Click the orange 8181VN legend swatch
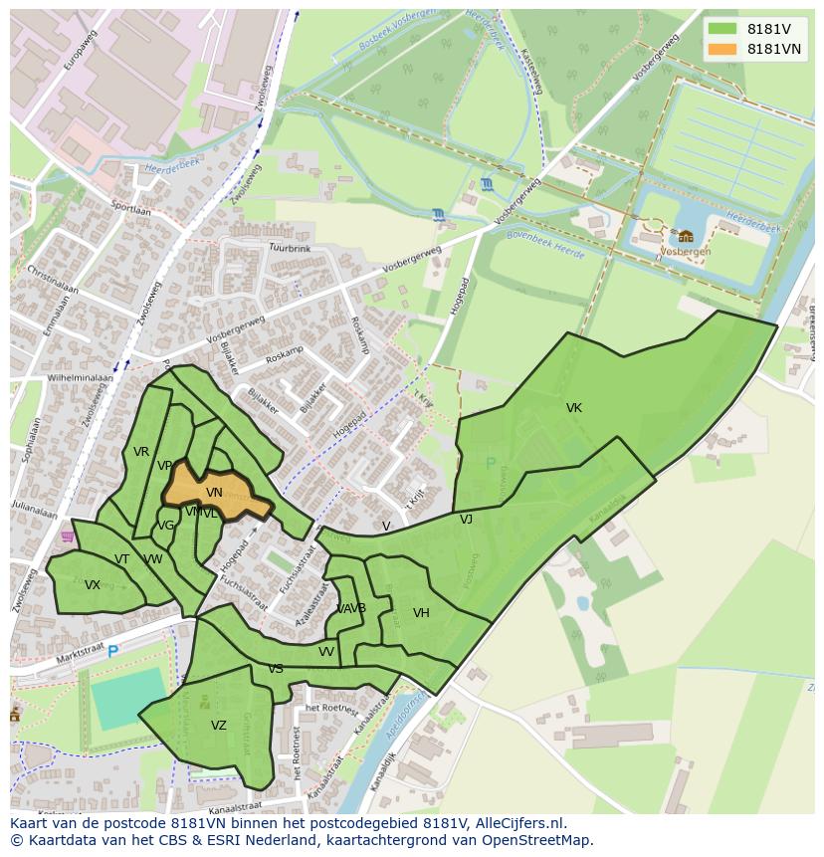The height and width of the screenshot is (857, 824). click(723, 49)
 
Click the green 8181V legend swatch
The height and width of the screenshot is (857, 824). click(723, 28)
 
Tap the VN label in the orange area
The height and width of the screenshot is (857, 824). click(214, 493)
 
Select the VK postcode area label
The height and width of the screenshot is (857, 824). click(574, 408)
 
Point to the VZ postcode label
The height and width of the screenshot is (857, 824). click(219, 726)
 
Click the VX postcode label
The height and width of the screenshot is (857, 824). click(93, 585)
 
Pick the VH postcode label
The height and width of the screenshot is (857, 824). click(421, 613)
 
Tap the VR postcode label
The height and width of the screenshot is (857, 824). click(141, 452)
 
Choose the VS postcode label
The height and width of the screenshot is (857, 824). click(276, 669)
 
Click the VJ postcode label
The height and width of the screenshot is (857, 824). click(466, 520)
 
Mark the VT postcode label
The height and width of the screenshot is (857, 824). click(121, 559)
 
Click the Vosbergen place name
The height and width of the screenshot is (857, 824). click(686, 252)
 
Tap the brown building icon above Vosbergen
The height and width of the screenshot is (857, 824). click(686, 236)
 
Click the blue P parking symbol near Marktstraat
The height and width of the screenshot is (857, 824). click(112, 651)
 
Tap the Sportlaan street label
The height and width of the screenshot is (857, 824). click(130, 208)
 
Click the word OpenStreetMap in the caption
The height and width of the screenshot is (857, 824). click(538, 840)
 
